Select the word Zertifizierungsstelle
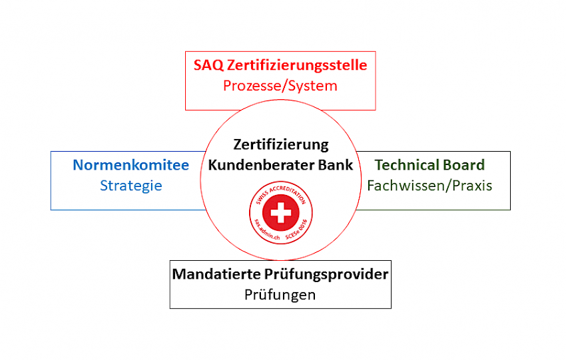click(x=297, y=65)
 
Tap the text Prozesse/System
click(x=280, y=86)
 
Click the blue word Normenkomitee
click(x=131, y=165)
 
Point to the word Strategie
click(x=131, y=186)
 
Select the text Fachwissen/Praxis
click(x=429, y=186)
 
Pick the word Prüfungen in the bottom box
click(x=280, y=294)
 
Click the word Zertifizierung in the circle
click(x=281, y=144)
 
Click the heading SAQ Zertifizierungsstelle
click(x=280, y=65)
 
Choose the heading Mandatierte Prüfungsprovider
click(x=280, y=273)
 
